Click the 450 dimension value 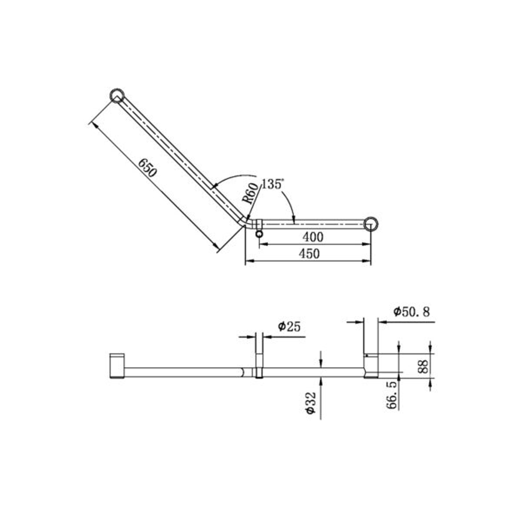(x=309, y=254)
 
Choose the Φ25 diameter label (x=289, y=327)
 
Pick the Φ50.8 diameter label (x=411, y=312)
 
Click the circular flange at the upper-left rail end (x=117, y=96)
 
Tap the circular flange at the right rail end (x=371, y=224)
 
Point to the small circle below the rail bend (x=260, y=234)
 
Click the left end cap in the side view (x=117, y=366)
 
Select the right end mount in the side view (x=371, y=366)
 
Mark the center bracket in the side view (x=259, y=367)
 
